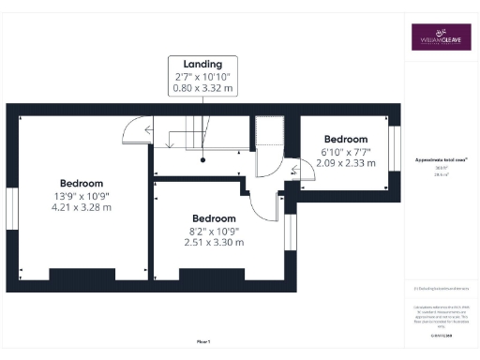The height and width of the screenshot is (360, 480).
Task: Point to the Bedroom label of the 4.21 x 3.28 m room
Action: (x=82, y=183)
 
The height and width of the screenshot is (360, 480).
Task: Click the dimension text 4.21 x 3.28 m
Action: (x=82, y=207)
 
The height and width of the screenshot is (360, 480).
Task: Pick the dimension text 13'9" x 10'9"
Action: (x=82, y=195)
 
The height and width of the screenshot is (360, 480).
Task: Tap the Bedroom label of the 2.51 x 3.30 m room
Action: (x=215, y=217)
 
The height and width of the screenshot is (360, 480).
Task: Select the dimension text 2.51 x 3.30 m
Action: (x=215, y=242)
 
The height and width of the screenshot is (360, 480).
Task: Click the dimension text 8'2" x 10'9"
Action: (x=215, y=230)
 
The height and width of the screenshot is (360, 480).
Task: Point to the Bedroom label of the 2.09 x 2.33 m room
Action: (x=345, y=139)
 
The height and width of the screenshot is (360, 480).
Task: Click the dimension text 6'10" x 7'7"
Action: (x=345, y=151)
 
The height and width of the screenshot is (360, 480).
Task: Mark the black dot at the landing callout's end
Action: (x=202, y=159)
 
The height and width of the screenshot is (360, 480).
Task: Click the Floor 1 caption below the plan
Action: (x=203, y=340)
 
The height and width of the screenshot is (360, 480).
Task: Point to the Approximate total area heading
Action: (x=441, y=160)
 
